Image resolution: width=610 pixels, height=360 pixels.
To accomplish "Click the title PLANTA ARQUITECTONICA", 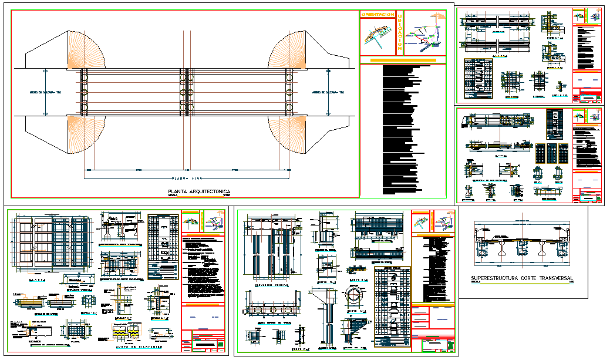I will click(x=199, y=191).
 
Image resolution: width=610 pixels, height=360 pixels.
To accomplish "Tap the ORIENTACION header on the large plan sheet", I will click(x=377, y=14).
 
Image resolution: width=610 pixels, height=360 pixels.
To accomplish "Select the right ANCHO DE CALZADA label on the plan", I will click(x=327, y=92).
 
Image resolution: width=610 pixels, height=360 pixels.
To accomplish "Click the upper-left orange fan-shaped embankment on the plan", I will click(x=86, y=49).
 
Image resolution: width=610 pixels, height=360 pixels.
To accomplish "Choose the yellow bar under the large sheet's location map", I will click(x=402, y=59).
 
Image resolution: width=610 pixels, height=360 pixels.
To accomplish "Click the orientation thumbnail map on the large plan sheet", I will click(x=377, y=36).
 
